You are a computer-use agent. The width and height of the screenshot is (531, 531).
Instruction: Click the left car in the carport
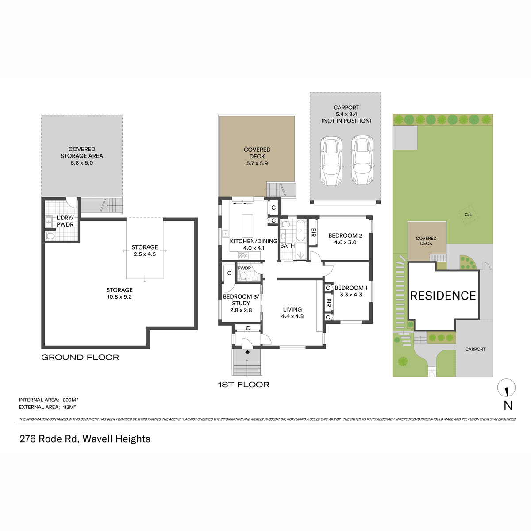pos(331,161)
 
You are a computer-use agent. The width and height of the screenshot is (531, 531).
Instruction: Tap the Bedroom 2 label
pos(345,235)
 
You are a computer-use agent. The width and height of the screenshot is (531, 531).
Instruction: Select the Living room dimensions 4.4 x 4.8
pos(292,316)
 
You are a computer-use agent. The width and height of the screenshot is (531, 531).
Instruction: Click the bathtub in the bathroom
pos(300,231)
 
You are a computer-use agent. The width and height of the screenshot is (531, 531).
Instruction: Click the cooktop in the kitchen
pos(243,256)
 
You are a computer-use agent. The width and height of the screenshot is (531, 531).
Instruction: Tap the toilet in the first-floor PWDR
pos(243,276)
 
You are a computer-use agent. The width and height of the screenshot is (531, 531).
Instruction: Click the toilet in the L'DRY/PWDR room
pos(50,236)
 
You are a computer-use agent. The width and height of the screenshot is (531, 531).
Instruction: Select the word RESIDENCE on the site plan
pos(443,296)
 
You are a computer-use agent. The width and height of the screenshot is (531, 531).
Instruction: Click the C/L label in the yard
pos(468,215)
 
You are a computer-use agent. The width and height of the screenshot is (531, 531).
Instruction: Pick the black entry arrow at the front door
pos(247,352)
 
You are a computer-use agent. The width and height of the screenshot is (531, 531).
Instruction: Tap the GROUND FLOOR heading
pos(80,358)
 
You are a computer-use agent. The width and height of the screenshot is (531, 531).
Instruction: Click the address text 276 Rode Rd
pos(50,439)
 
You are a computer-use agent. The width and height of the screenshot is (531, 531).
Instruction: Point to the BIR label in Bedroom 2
pos(313,233)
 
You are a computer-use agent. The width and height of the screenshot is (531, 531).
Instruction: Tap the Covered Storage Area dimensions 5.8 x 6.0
pos(82,163)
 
